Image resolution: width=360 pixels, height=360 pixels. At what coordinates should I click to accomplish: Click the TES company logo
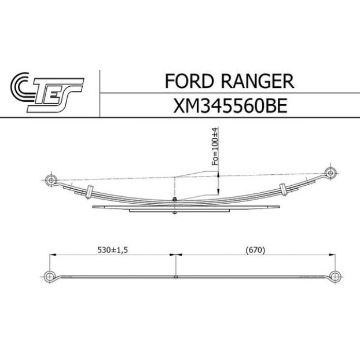tap(47, 93)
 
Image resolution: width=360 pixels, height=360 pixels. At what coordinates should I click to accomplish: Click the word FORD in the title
tap(189, 81)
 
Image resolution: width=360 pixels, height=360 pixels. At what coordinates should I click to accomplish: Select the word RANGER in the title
tap(258, 81)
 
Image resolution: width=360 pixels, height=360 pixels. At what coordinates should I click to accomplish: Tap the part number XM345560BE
tap(230, 106)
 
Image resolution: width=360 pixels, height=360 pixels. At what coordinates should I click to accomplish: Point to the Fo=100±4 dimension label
tap(215, 146)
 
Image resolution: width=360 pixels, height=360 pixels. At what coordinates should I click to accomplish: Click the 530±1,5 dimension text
tap(112, 250)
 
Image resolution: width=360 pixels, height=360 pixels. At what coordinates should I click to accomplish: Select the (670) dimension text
tap(255, 250)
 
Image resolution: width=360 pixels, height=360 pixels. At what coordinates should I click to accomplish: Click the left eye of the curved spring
tap(51, 180)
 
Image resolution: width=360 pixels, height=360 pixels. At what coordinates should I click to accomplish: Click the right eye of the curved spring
tap(330, 173)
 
